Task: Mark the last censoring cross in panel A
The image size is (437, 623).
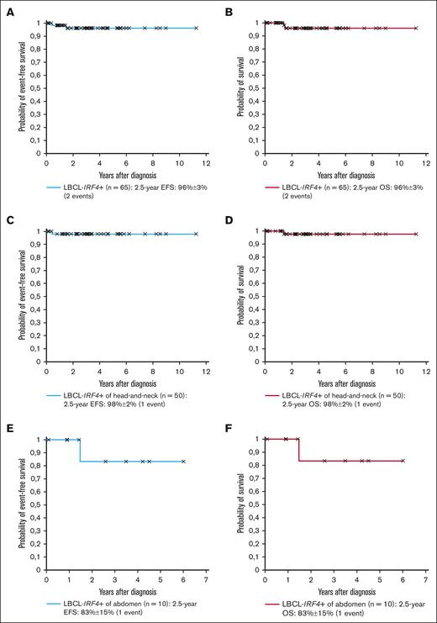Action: click(196, 28)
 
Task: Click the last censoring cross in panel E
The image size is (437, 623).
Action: click(183, 461)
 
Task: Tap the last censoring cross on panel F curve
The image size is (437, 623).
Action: click(403, 461)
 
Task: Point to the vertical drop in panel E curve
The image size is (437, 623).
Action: click(80, 450)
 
